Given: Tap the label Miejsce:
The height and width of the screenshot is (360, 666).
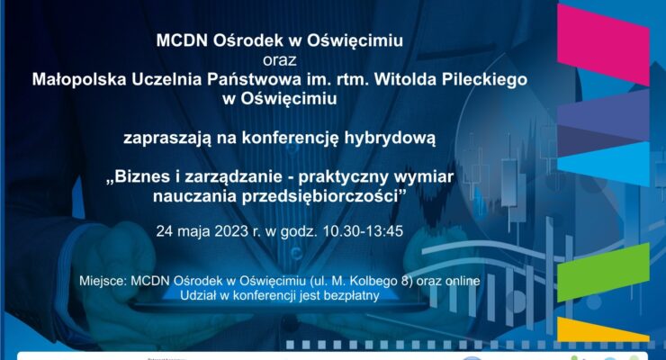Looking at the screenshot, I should tap(103, 280).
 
